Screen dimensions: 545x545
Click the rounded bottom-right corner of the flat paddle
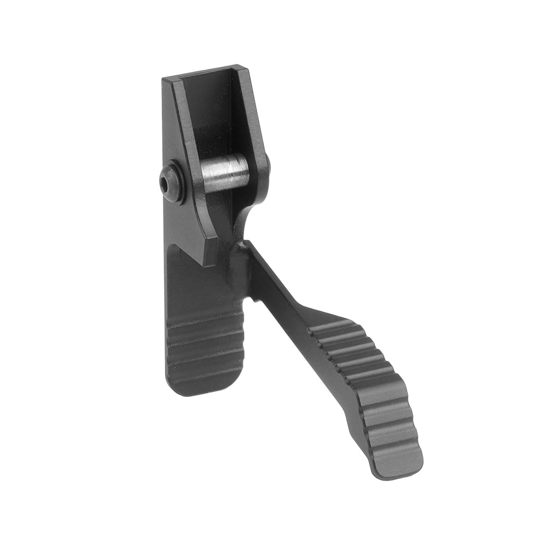coord(234,384)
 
